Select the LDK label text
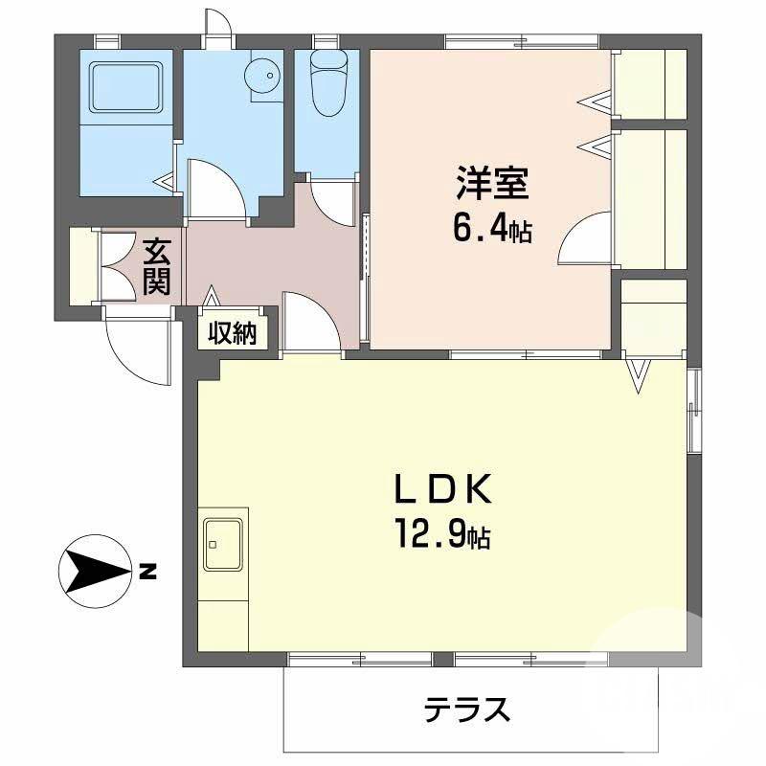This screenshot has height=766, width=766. pyautogui.click(x=443, y=490)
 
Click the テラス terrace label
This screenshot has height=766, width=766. pyautogui.click(x=466, y=710)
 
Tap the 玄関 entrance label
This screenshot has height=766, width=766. pyautogui.click(x=157, y=267)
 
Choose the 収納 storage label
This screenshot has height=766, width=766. pyautogui.click(x=233, y=333)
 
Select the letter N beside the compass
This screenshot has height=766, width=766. pyautogui.click(x=146, y=574)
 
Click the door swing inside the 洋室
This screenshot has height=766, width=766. pyautogui.click(x=583, y=240)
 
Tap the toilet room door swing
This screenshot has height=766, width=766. pyautogui.click(x=331, y=202)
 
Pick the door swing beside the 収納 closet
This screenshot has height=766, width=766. pyautogui.click(x=311, y=325)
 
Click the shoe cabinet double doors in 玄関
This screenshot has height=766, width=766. pyautogui.click(x=120, y=267)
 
